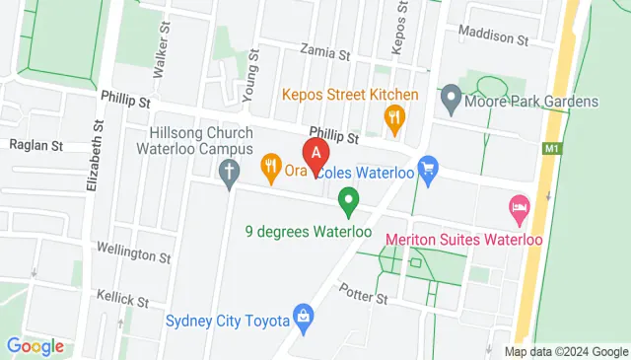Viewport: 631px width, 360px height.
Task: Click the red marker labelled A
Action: click(315, 155)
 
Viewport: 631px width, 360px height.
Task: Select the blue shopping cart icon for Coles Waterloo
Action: click(427, 170)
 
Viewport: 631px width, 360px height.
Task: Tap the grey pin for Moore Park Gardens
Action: click(451, 99)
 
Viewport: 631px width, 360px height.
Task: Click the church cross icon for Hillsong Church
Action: click(229, 175)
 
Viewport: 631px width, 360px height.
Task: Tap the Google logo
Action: click(35, 346)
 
